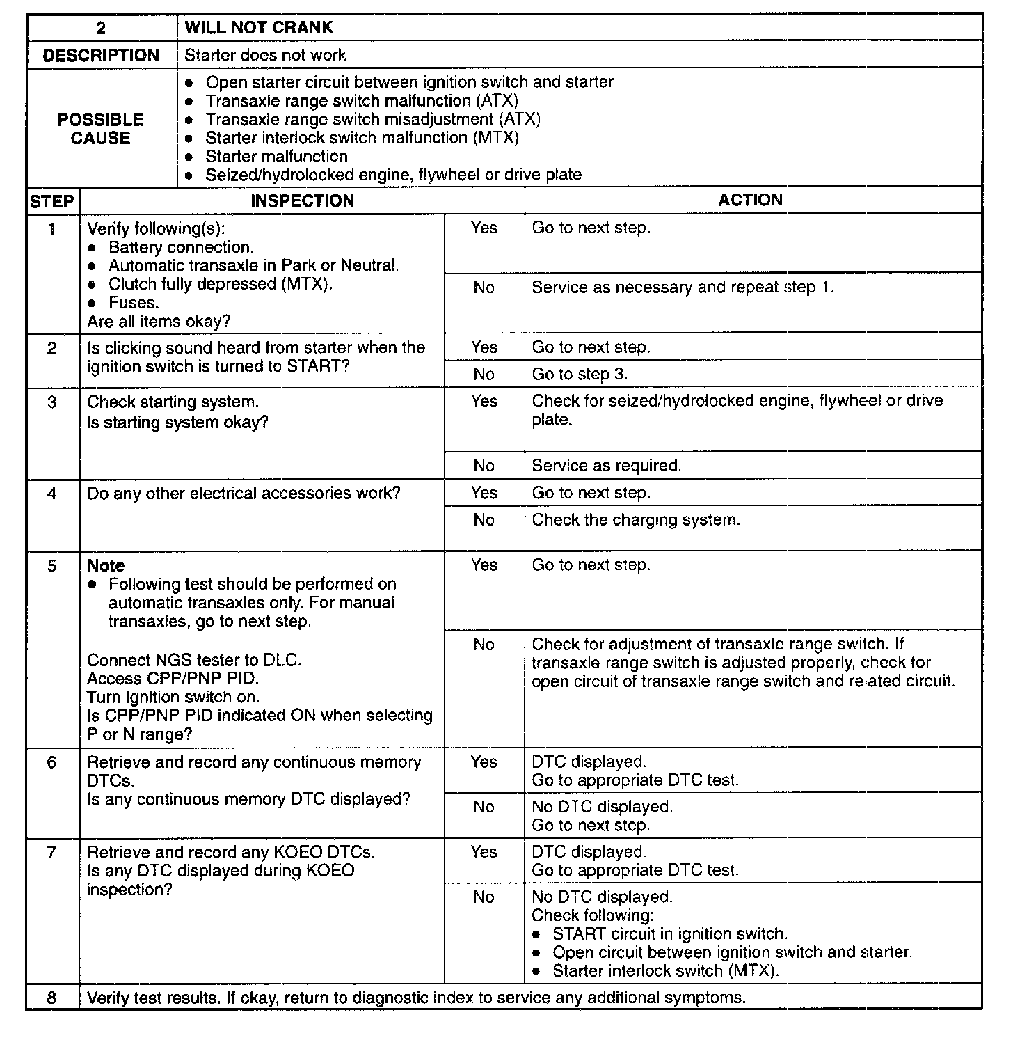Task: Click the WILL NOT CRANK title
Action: tap(259, 28)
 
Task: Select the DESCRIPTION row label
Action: tap(101, 56)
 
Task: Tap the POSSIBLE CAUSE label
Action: tap(101, 129)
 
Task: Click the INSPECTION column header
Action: tap(302, 201)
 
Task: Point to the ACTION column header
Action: tap(750, 200)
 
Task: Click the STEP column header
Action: tap(52, 202)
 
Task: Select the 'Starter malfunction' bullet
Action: tap(276, 157)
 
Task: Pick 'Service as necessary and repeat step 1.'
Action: tap(683, 287)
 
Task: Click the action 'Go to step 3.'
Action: tap(580, 375)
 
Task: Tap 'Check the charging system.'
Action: tap(636, 520)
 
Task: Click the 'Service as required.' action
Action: tap(606, 466)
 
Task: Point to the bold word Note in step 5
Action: tap(106, 566)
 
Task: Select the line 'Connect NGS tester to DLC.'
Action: tap(194, 660)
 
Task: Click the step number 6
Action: tap(52, 762)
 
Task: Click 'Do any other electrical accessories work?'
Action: tap(244, 494)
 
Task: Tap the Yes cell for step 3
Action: tap(484, 402)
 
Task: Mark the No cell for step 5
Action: tap(484, 645)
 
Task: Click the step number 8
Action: tap(52, 998)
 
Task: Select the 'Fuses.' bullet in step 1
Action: tap(134, 303)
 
